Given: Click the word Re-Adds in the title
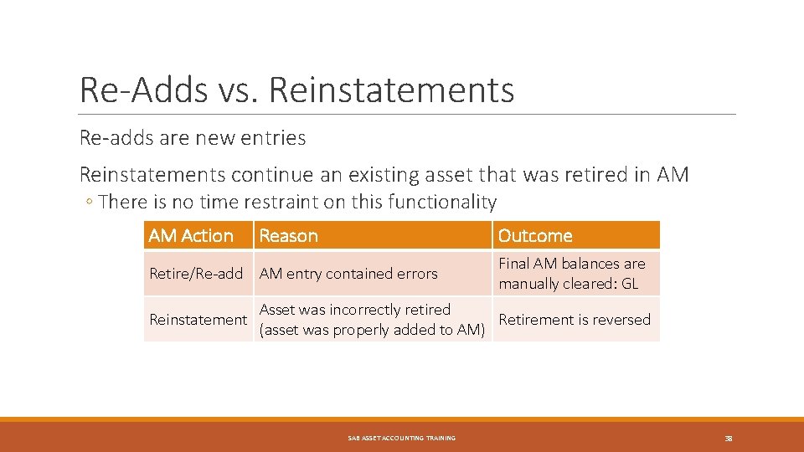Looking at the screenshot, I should (138, 90).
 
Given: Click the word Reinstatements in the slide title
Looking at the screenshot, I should (391, 90).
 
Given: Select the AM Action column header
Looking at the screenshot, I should (191, 236).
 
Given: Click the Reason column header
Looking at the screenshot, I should (289, 236).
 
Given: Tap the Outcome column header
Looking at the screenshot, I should (535, 236).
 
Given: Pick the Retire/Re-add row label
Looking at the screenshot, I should (196, 274).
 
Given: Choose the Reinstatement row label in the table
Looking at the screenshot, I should (198, 319).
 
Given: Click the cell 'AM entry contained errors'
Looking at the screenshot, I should (348, 274).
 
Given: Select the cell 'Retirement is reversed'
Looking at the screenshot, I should (575, 319).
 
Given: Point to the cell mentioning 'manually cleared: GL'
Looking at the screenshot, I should (569, 284).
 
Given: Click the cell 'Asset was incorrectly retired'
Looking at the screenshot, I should (355, 310).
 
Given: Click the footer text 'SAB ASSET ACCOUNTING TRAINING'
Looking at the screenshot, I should (402, 438).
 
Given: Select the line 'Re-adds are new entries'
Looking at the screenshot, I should (193, 137).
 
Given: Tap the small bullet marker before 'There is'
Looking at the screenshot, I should (90, 203).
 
